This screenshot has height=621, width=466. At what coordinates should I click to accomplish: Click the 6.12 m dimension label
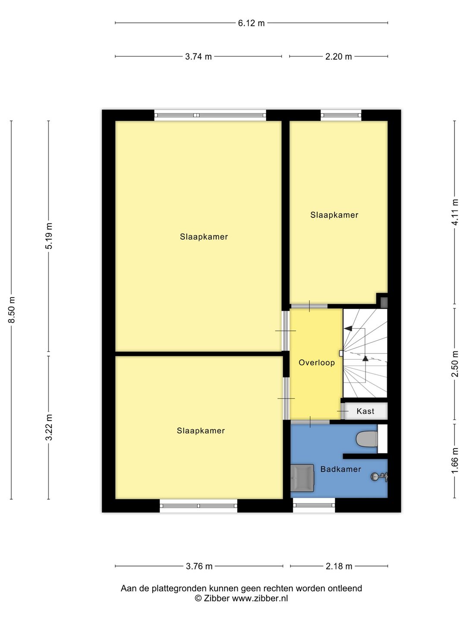pyautogui.click(x=251, y=23)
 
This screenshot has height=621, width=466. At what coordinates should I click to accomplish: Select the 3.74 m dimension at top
pyautogui.click(x=198, y=56)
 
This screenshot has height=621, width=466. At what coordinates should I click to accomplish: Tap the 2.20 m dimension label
pyautogui.click(x=338, y=56)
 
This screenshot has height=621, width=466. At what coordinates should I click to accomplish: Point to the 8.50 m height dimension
pyautogui.click(x=12, y=310)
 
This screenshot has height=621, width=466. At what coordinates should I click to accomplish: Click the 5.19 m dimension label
pyautogui.click(x=49, y=236)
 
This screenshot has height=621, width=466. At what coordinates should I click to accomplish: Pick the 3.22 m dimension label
pyautogui.click(x=49, y=427)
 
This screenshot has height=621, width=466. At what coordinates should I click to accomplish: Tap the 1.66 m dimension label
pyautogui.click(x=455, y=460)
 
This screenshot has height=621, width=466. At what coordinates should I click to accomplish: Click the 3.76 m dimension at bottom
pyautogui.click(x=199, y=566)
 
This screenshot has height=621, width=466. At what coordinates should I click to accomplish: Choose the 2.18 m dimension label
pyautogui.click(x=339, y=566)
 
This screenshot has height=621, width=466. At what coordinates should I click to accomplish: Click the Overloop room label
pyautogui.click(x=317, y=363)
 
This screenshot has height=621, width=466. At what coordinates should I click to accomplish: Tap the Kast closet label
pyautogui.click(x=365, y=411)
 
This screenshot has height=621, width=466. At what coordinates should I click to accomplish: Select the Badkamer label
pyautogui.click(x=340, y=469)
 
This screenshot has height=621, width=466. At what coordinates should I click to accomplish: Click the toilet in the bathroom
pyautogui.click(x=367, y=439)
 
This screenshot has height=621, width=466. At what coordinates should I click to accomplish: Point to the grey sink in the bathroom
pyautogui.click(x=302, y=478)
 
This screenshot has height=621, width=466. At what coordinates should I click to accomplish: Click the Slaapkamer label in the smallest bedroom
pyautogui.click(x=334, y=215)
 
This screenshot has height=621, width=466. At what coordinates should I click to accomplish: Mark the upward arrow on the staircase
pyautogui.click(x=365, y=358)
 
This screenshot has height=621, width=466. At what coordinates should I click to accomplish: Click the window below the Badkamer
pyautogui.click(x=314, y=505)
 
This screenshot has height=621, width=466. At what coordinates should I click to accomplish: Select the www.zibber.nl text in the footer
pyautogui.click(x=260, y=599)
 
